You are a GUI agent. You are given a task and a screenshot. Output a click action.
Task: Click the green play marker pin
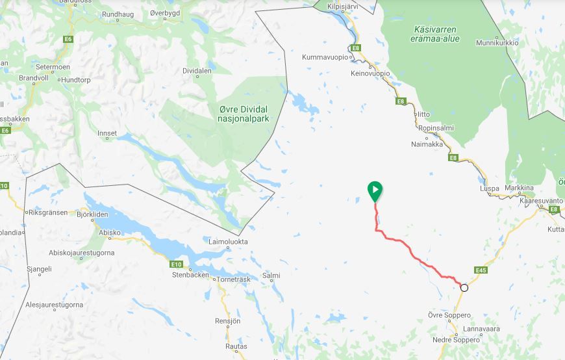click(375, 190)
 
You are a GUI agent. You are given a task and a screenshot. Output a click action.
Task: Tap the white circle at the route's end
click(464, 287)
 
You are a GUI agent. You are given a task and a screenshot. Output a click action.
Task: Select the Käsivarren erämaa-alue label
click(436, 34)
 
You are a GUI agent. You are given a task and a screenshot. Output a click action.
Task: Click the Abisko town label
click(110, 233)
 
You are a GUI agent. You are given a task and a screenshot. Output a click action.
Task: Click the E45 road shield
click(481, 270)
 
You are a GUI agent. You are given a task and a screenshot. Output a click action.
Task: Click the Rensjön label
click(227, 321)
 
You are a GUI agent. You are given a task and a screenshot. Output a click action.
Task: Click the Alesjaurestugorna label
click(54, 304)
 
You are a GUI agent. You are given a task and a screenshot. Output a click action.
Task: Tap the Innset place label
click(107, 134)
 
